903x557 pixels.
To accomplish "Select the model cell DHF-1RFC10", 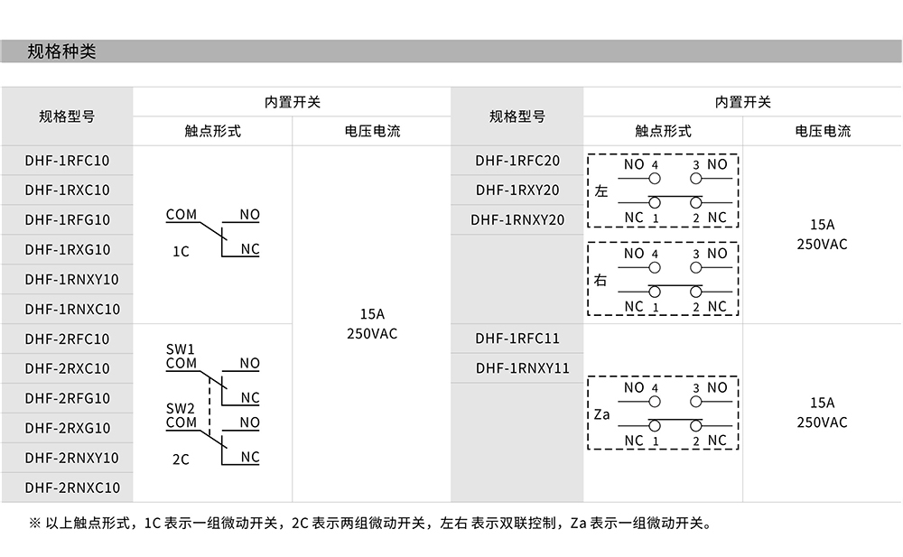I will coord(67,161).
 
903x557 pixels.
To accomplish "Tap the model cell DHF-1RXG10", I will coord(67,249).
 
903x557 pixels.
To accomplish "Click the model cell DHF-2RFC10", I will coord(67,339).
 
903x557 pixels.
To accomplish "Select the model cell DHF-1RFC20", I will coord(517,161).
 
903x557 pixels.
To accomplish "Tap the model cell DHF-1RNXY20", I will coord(517,219).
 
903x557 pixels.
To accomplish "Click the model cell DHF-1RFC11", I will coord(517,339).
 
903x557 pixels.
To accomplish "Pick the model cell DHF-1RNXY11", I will coord(517,368).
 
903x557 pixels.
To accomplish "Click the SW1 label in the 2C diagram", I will coord(181,348).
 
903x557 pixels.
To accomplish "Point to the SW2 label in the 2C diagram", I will coord(181,408).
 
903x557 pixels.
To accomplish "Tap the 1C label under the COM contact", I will coord(181,252).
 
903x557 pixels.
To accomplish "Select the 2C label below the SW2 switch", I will coord(181,460).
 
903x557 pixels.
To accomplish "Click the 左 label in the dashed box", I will coord(601,191).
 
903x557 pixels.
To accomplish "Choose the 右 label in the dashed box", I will coord(601,280).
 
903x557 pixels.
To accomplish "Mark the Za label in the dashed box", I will coord(602,414).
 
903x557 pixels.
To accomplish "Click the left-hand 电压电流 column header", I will coord(372,131).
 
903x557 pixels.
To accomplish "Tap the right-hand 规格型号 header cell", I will coord(517,116).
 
